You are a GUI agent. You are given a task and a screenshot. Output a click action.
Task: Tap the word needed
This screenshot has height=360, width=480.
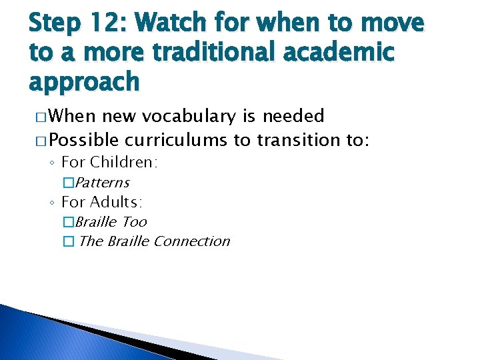[x=293, y=117]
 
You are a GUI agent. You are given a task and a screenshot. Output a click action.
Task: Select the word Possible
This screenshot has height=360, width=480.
[x=84, y=139]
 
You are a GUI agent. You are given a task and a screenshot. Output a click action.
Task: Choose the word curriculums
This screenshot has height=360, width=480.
[x=177, y=139]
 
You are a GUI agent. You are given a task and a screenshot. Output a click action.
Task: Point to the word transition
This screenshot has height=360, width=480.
[x=294, y=139]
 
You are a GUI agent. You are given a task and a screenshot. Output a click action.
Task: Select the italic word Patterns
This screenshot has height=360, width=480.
[x=103, y=182]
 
